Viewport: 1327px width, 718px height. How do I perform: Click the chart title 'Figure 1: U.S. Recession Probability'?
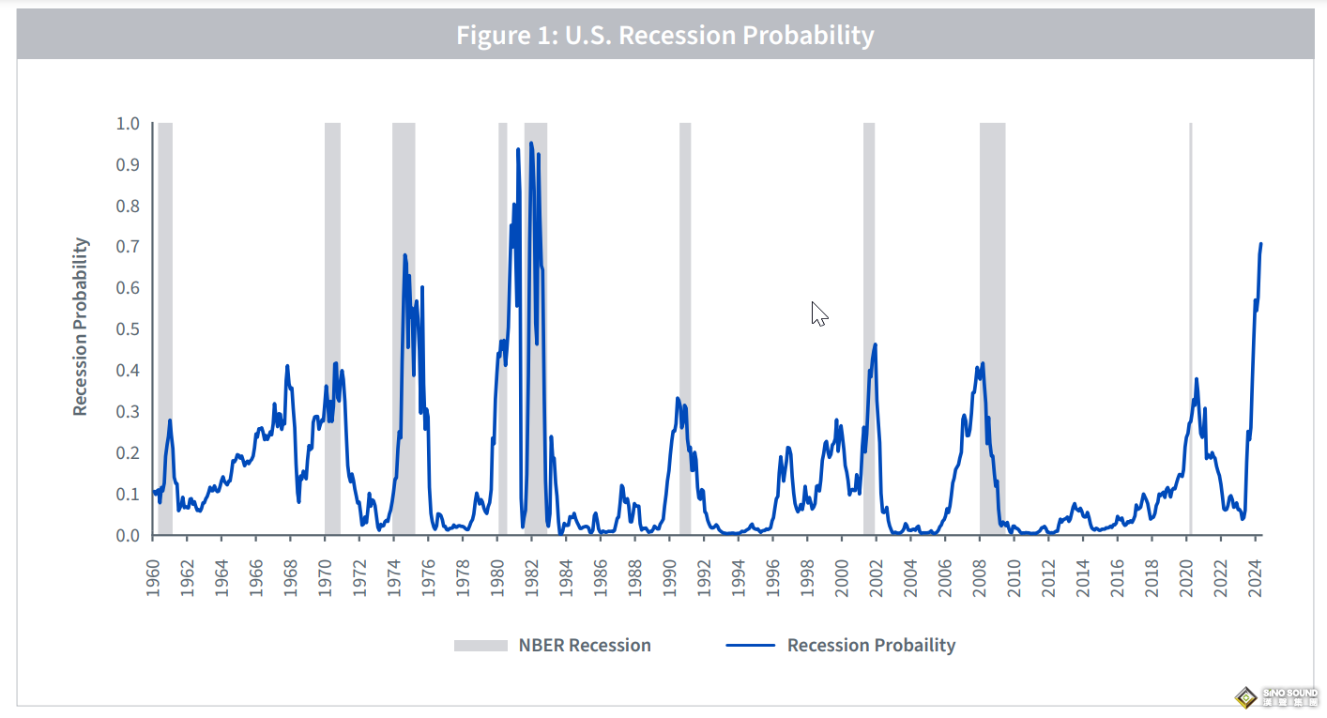pyautogui.click(x=664, y=36)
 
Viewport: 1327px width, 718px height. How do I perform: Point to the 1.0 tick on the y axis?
pyautogui.click(x=127, y=124)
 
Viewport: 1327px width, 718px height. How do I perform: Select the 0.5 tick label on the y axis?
pyautogui.click(x=127, y=329)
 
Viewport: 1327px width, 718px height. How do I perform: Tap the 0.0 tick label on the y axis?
pyautogui.click(x=127, y=536)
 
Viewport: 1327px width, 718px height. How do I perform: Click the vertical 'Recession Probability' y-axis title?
pyautogui.click(x=81, y=327)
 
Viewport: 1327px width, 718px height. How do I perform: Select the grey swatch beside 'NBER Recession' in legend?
pyautogui.click(x=480, y=646)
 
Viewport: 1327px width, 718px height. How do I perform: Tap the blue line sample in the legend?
pyautogui.click(x=750, y=646)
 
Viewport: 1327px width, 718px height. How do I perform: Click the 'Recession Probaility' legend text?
pyautogui.click(x=871, y=646)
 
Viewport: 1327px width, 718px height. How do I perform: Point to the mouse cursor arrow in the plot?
pyautogui.click(x=818, y=313)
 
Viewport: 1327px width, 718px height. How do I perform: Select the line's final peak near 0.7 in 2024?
pyautogui.click(x=1260, y=244)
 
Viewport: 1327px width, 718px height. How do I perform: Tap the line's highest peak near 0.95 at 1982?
pyautogui.click(x=531, y=144)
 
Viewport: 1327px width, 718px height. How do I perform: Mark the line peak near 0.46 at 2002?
pyautogui.click(x=875, y=344)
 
